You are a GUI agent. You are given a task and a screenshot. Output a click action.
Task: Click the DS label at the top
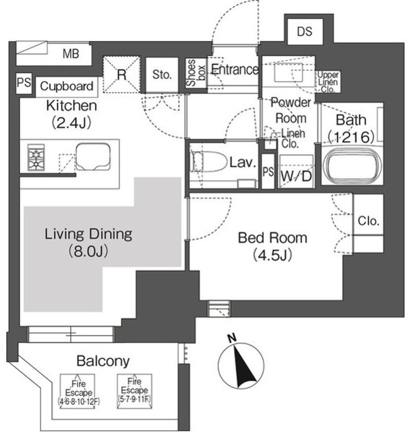click(304, 31)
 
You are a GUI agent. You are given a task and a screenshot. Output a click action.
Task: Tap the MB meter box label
click(71, 53)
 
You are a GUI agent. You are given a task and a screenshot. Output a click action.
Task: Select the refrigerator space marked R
click(122, 75)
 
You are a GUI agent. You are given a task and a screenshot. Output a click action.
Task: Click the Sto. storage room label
click(162, 75)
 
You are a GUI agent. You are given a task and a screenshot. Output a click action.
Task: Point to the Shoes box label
click(196, 73)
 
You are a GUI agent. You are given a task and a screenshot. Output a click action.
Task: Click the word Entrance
click(235, 69)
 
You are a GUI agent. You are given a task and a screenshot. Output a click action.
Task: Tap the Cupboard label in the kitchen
click(66, 86)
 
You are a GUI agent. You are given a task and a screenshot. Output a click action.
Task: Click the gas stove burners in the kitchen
click(36, 157)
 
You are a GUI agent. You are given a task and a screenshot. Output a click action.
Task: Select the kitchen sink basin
click(93, 157)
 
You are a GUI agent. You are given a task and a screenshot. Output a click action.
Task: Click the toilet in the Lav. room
click(208, 162)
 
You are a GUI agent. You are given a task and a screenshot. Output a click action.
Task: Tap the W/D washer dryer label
click(296, 176)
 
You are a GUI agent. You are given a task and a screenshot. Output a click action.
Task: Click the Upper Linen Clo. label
click(328, 82)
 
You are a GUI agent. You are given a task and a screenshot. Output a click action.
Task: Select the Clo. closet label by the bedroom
click(369, 221)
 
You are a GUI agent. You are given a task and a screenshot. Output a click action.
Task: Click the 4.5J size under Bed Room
click(272, 255)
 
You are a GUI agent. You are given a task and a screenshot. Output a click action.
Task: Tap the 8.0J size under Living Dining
click(88, 251)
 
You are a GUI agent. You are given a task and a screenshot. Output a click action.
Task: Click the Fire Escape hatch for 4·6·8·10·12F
click(79, 391)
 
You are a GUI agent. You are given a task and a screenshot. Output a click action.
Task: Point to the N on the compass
click(232, 338)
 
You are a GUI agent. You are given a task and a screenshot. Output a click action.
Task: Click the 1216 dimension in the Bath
click(351, 137)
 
